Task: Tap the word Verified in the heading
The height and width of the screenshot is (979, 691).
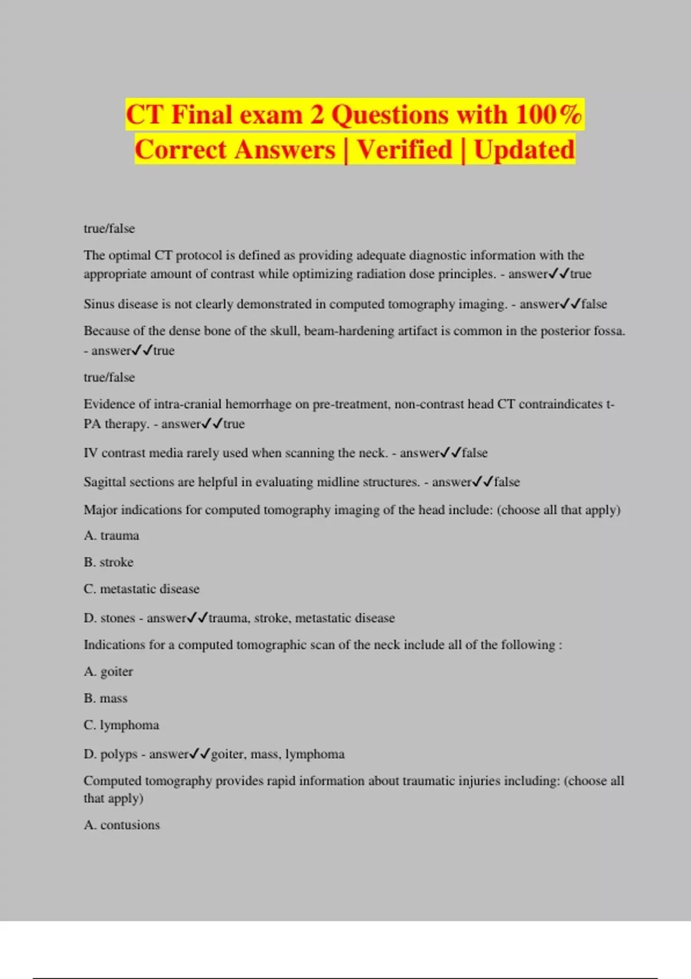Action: [x=405, y=150]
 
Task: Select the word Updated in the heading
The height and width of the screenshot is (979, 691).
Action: [x=524, y=150]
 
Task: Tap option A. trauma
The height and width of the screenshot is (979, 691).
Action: [x=111, y=536]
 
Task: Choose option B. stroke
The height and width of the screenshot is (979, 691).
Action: [x=108, y=562]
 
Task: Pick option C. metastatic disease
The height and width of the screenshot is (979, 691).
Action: [x=142, y=589]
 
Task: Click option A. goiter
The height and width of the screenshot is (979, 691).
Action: [x=108, y=671]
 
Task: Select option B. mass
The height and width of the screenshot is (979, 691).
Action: [x=105, y=699]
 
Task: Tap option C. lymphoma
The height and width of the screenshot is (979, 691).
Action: [x=121, y=725]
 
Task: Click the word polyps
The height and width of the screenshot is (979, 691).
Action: [x=119, y=754]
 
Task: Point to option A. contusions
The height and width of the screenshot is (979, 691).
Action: [x=122, y=825]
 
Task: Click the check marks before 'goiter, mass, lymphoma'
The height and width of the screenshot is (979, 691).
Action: [x=200, y=753]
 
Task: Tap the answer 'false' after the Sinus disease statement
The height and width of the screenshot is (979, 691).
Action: [x=594, y=304]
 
